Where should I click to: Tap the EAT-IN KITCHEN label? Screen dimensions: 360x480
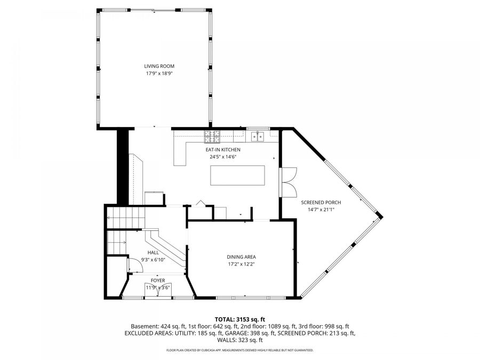223,150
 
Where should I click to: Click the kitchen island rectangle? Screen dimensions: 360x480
238,175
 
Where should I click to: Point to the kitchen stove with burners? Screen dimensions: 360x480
212,137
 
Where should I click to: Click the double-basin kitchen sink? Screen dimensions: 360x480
259,137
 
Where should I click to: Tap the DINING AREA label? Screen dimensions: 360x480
241,257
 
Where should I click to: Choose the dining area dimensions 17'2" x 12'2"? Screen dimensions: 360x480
241,263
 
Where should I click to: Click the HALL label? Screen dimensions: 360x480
153,253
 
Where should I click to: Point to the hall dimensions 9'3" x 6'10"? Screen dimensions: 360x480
153,260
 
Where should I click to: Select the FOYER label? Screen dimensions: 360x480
157,281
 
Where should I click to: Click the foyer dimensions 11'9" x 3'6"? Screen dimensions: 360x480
157,287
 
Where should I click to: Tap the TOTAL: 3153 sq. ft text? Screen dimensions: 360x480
239,318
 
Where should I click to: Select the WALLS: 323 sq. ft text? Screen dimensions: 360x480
239,340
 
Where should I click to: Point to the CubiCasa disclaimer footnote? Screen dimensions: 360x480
239,350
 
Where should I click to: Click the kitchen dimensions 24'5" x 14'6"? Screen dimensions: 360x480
223,157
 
